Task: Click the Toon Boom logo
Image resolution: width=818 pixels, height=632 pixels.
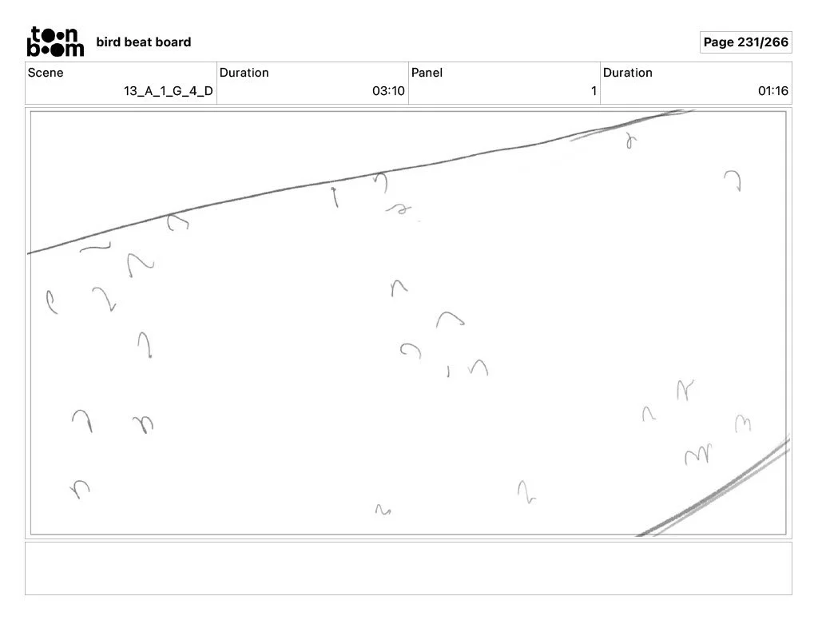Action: pyautogui.click(x=55, y=42)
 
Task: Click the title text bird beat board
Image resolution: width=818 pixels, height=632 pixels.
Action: pyautogui.click(x=143, y=42)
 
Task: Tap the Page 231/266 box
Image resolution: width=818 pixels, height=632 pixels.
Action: pyautogui.click(x=745, y=42)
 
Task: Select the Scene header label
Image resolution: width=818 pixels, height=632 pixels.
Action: pyautogui.click(x=46, y=73)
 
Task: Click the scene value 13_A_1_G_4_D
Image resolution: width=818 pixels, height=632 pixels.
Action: pyautogui.click(x=168, y=91)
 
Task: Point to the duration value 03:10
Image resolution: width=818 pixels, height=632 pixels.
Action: pyautogui.click(x=388, y=91)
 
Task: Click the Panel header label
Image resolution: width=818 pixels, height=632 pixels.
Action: pyautogui.click(x=427, y=73)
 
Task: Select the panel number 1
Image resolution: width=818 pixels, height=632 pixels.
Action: pyautogui.click(x=594, y=91)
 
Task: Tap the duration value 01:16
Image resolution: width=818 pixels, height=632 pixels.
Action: pyautogui.click(x=772, y=91)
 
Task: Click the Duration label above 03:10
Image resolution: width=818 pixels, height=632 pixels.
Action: pyautogui.click(x=244, y=73)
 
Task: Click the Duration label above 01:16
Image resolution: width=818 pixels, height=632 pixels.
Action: pyautogui.click(x=627, y=73)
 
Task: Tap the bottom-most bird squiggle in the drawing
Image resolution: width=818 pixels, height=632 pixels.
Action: pyautogui.click(x=383, y=509)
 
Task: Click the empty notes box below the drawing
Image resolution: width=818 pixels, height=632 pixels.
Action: pyautogui.click(x=408, y=568)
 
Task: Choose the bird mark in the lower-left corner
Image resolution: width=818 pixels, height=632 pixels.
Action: pyautogui.click(x=79, y=487)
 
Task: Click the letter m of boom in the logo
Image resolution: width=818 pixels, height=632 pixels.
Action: pyautogui.click(x=73, y=49)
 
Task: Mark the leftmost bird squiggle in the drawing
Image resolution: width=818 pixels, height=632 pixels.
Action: pyautogui.click(x=51, y=301)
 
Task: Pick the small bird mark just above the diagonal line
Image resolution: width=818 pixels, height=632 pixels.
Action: pyautogui.click(x=631, y=141)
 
